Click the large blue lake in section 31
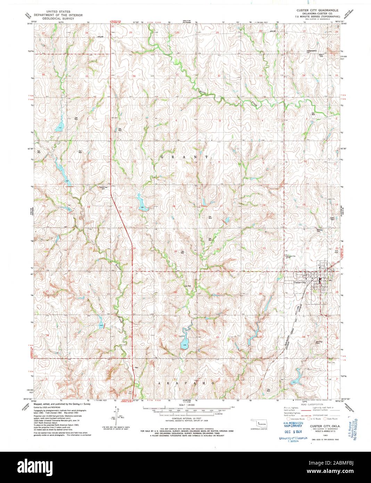click(x=184, y=344)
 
